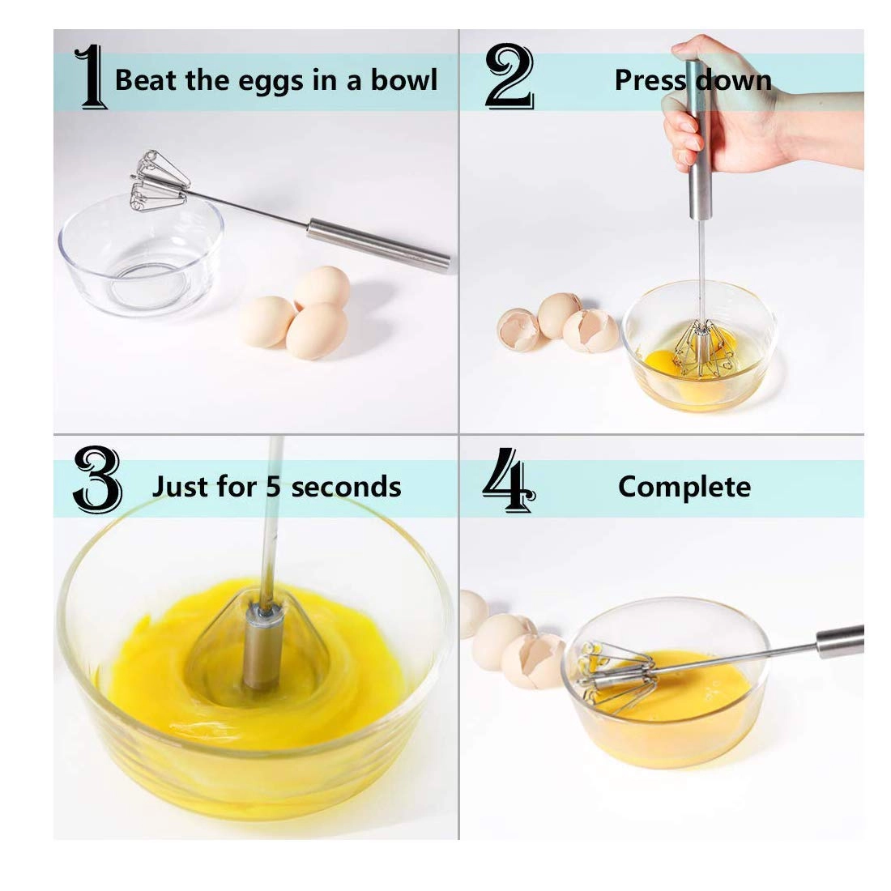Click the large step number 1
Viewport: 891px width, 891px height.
click(90, 78)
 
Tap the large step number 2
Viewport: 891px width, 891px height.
click(508, 78)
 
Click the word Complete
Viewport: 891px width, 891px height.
click(684, 487)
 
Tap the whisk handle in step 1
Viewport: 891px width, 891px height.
click(377, 244)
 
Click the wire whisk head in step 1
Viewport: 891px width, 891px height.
click(157, 183)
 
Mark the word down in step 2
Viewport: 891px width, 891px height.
click(733, 80)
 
